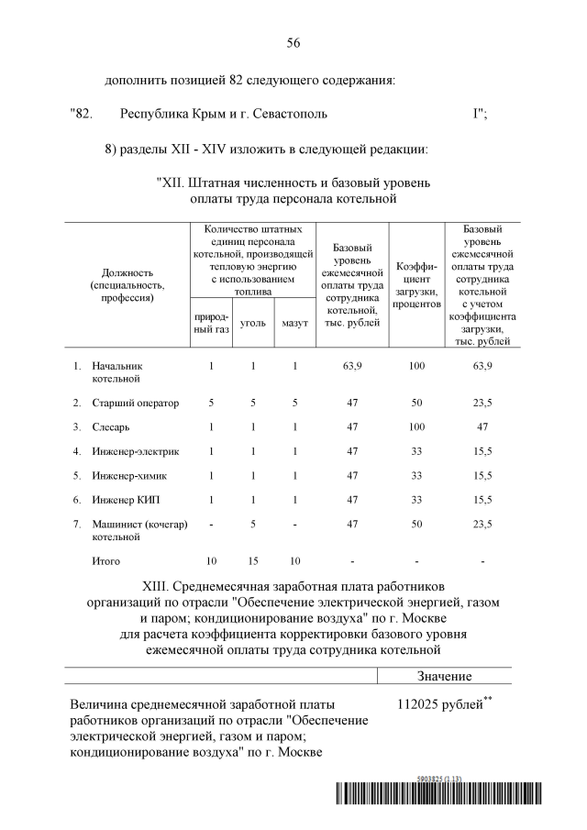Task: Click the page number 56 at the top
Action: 293,43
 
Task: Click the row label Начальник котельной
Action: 117,371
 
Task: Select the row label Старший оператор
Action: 135,403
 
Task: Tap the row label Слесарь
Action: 111,426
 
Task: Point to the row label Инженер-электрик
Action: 135,451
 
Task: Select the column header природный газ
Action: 210,323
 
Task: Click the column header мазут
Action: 294,323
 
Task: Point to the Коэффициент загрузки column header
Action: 416,284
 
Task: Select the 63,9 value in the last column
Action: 482,366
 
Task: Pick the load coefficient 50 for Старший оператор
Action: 416,403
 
